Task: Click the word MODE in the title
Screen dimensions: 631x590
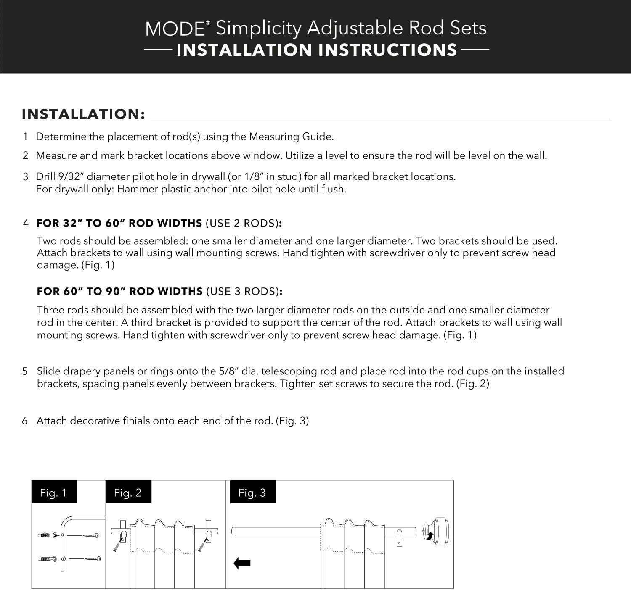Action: pyautogui.click(x=175, y=29)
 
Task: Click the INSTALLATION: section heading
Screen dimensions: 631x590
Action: pyautogui.click(x=84, y=114)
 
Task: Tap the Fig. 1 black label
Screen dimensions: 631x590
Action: pyautogui.click(x=54, y=493)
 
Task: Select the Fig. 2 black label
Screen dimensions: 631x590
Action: pyautogui.click(x=128, y=493)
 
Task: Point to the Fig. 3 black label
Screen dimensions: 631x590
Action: pyautogui.click(x=253, y=493)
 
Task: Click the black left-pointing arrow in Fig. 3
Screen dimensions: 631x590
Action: pyautogui.click(x=242, y=564)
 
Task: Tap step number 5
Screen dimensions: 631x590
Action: pyautogui.click(x=25, y=371)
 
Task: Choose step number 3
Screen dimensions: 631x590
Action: pyautogui.click(x=25, y=176)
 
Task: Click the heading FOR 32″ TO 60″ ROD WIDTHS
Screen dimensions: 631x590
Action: pyautogui.click(x=119, y=223)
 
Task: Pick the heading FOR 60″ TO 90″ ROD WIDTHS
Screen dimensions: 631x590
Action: pyautogui.click(x=120, y=291)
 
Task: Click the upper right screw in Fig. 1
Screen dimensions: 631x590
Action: pyautogui.click(x=91, y=535)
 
